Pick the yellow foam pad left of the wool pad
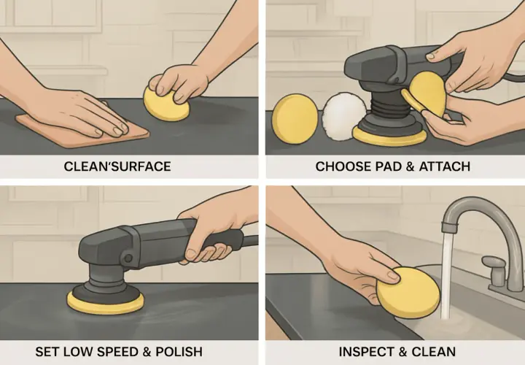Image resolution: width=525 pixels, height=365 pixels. (x=295, y=119)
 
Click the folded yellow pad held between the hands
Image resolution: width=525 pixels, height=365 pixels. (x=424, y=95)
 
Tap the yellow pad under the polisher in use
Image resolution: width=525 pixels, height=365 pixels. (x=106, y=304)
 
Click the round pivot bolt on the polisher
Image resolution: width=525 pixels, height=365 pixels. (x=128, y=258)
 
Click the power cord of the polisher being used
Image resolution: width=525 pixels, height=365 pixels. (x=250, y=241)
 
